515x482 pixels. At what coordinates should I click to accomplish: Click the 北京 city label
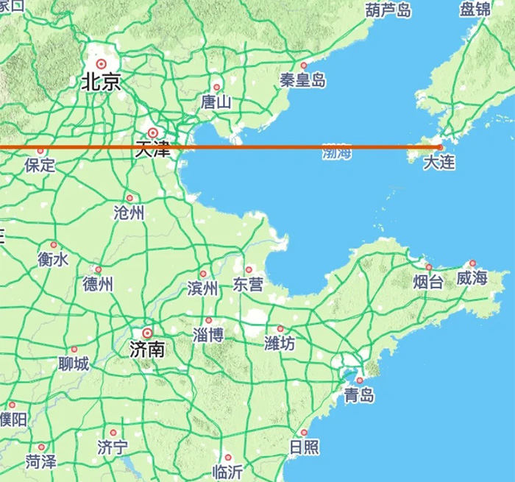coord(101,82)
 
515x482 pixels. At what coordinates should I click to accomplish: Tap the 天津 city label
coord(153,148)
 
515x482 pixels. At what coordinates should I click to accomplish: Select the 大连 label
coord(439,163)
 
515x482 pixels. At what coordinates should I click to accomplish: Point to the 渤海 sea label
coord(337,153)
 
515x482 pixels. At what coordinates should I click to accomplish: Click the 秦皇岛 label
coord(302,81)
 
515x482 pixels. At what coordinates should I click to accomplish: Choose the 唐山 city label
coord(216,102)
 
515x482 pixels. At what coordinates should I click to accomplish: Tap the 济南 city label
coord(146,348)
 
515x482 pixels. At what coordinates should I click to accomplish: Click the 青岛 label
coord(359,396)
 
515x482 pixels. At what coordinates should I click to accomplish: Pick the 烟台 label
coord(428,281)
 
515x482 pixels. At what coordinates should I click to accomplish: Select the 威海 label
coord(472,278)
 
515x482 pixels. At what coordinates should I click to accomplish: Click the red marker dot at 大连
coord(440,146)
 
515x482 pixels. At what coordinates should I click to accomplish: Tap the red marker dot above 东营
coord(249,269)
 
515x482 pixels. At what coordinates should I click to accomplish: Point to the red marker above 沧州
coord(129,198)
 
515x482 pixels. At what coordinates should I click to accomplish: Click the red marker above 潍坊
coord(280,329)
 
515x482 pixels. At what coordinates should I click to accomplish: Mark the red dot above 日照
coord(303,433)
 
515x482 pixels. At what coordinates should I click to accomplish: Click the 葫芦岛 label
coord(387,10)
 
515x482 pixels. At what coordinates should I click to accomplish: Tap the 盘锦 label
coord(475,10)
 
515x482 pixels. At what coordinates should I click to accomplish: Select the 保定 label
coord(40,166)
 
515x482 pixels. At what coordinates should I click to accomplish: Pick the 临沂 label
coord(227,472)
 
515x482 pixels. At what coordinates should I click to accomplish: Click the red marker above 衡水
coord(53,245)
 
